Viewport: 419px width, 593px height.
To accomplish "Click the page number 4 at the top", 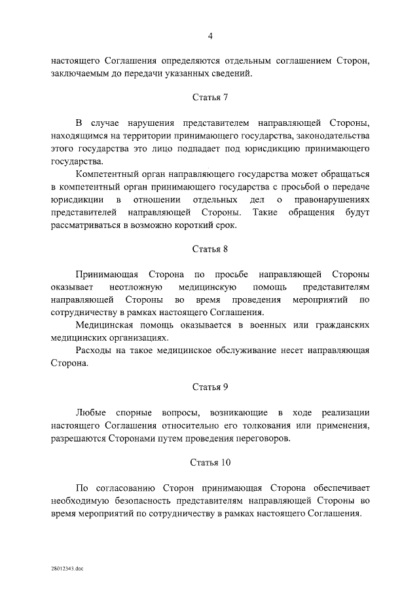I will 210,35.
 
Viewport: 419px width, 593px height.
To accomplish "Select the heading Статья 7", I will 210,97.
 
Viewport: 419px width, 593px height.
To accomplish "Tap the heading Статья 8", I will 210,249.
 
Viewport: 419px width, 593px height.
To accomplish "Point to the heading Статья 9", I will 210,387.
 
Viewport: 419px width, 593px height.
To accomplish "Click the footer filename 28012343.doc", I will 65,569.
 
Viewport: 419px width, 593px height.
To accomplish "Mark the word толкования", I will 253,426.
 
